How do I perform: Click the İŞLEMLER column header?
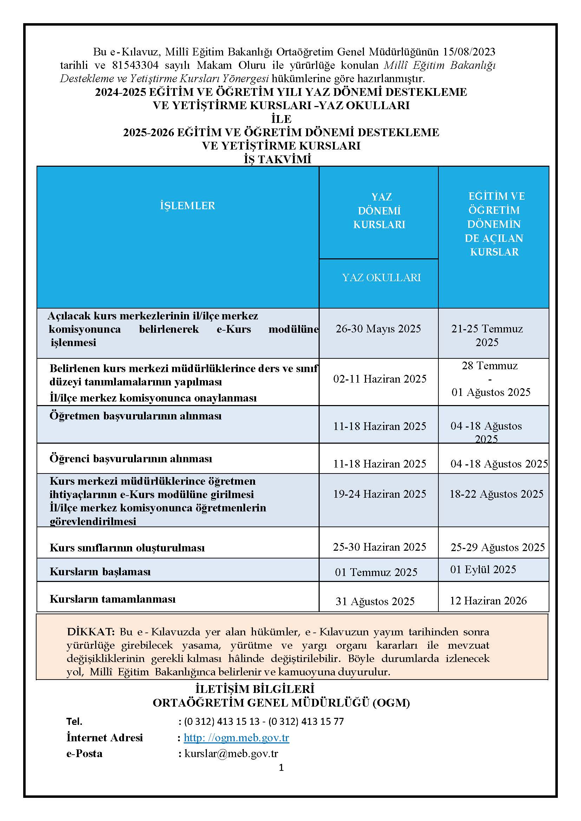[x=188, y=206]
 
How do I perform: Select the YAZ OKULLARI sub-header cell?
[x=381, y=278]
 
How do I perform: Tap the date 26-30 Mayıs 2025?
[x=378, y=329]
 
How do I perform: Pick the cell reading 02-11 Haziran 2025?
[x=380, y=379]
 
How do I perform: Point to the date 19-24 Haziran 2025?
[x=380, y=494]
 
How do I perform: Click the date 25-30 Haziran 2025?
[x=379, y=547]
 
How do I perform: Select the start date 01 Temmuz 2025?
[x=376, y=572]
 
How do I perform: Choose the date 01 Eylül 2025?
[x=483, y=569]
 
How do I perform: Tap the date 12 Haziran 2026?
[x=488, y=600]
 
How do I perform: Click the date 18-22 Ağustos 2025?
[x=496, y=494]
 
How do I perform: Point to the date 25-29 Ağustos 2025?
[x=497, y=547]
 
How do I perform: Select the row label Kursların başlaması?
[x=100, y=571]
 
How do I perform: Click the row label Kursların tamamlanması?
[x=113, y=599]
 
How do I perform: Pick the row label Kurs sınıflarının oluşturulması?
[x=127, y=548]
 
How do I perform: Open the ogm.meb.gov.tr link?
[x=236, y=737]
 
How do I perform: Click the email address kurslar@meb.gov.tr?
[x=231, y=753]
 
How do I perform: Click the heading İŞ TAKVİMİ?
[x=277, y=159]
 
